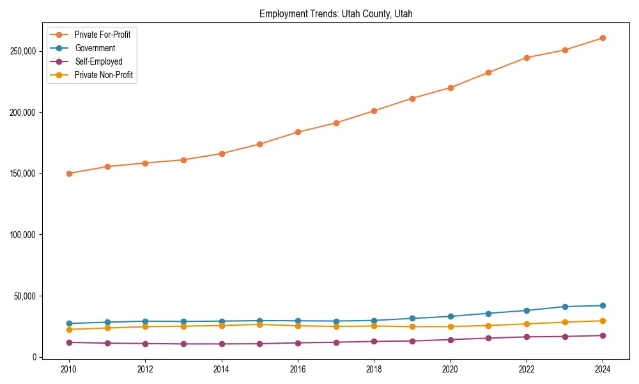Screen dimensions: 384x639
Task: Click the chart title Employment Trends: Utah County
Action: (x=335, y=14)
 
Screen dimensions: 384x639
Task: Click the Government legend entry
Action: (x=95, y=48)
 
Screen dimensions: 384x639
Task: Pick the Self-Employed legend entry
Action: (x=98, y=61)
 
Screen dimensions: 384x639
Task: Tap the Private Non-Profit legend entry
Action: (x=104, y=75)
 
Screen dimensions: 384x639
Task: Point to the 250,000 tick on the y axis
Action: (x=23, y=51)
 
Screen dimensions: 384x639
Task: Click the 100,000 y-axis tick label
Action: (x=23, y=235)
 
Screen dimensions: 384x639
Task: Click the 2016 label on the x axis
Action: (x=298, y=369)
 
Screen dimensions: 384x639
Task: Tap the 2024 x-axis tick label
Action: (x=603, y=369)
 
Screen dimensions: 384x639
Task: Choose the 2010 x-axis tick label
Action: (x=69, y=369)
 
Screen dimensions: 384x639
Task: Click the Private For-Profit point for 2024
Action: (x=603, y=38)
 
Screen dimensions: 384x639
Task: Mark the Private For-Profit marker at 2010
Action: (x=69, y=173)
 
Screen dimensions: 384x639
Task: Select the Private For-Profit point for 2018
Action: (x=374, y=111)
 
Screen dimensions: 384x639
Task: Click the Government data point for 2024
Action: (x=603, y=305)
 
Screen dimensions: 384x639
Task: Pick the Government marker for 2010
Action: (x=69, y=324)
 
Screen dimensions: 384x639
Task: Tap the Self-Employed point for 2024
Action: (x=603, y=335)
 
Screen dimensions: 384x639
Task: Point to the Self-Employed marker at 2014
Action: (x=222, y=344)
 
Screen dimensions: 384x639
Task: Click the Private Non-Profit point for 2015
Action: (x=259, y=324)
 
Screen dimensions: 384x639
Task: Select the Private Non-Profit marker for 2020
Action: (x=450, y=326)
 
